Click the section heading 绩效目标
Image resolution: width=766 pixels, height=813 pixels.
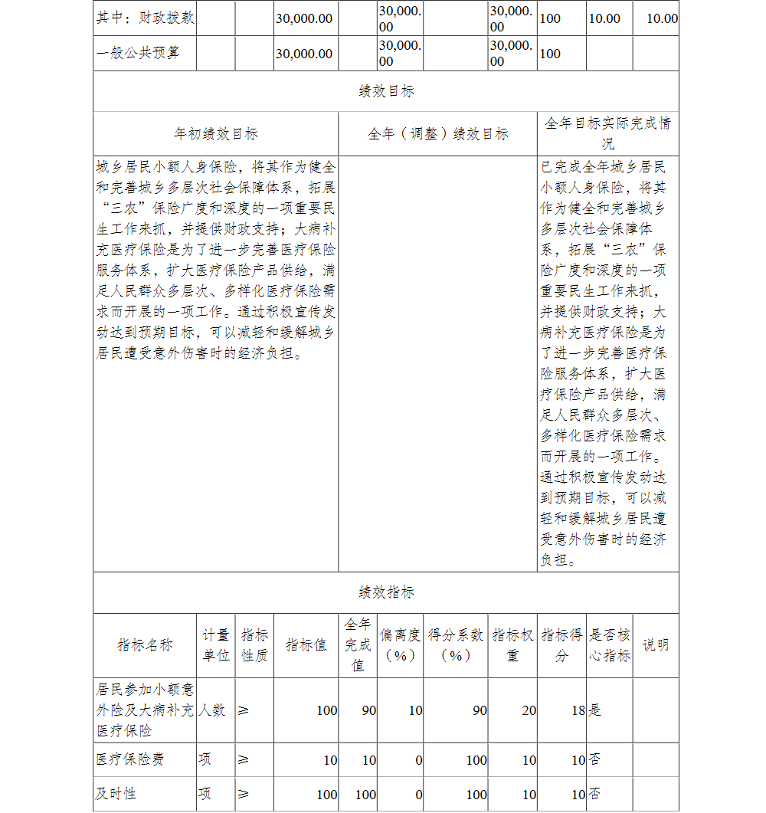[386, 92]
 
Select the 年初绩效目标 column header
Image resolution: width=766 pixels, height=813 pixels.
[216, 134]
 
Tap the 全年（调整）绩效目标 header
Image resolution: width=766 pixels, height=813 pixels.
[437, 134]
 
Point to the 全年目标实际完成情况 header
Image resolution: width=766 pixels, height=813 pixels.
[607, 133]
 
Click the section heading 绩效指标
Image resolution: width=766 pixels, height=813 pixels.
[386, 592]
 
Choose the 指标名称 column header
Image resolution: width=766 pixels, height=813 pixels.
[145, 645]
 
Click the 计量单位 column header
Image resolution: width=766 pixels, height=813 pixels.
[216, 645]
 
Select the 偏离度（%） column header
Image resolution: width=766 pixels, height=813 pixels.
[400, 645]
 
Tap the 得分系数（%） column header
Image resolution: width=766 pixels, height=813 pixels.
[456, 645]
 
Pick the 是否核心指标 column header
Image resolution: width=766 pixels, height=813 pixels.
[609, 645]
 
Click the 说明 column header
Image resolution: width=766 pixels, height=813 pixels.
[655, 645]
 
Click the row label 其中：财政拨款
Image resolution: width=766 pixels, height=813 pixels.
[145, 18]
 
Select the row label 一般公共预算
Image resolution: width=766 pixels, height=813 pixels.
[138, 54]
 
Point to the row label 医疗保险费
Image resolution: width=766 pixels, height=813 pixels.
[129, 759]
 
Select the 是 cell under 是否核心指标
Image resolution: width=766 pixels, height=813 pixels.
[594, 710]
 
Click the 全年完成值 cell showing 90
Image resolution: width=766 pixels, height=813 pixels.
[368, 710]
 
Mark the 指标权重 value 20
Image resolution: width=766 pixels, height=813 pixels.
[529, 710]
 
